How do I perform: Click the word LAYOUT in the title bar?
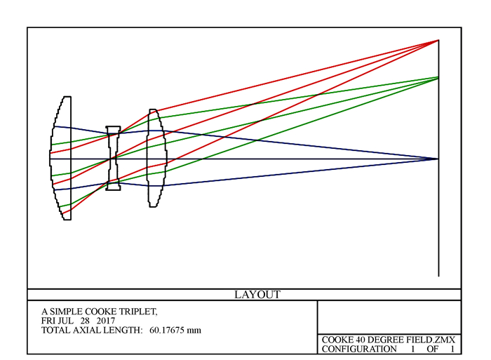(257, 295)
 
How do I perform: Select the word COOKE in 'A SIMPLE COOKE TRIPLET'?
(100, 312)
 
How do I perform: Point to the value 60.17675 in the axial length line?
(166, 331)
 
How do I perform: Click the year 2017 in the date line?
(106, 321)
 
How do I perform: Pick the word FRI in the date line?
(48, 321)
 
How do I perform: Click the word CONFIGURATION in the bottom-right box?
(359, 349)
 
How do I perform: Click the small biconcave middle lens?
(113, 158)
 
